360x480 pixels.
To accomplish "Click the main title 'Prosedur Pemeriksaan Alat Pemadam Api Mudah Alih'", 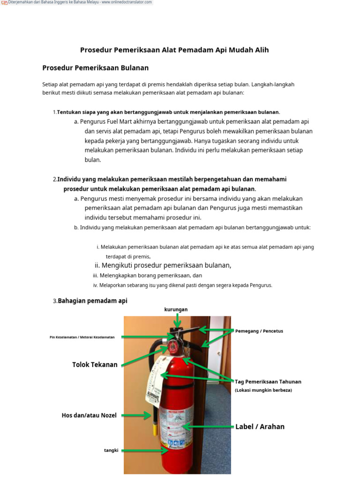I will (174, 50).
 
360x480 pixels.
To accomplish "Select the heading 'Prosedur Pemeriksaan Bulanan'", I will (95, 68).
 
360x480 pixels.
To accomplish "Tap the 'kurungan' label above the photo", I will (176, 309).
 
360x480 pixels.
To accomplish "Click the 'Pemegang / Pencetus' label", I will (259, 331).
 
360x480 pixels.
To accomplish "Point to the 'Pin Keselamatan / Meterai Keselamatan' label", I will (82, 337).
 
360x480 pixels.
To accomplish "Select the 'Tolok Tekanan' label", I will (95, 365).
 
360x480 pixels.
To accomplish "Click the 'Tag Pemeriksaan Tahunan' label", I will (268, 382).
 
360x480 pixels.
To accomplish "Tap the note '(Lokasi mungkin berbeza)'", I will (263, 390).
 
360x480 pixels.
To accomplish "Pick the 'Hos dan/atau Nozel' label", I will (89, 415).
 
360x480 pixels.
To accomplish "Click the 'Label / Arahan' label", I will (260, 427).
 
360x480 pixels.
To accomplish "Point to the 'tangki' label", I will (111, 450).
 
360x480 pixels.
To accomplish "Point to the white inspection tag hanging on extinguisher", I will (155, 380).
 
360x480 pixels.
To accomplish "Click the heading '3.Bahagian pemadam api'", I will (90, 301).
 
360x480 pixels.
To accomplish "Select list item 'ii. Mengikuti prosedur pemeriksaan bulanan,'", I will (163, 265).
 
